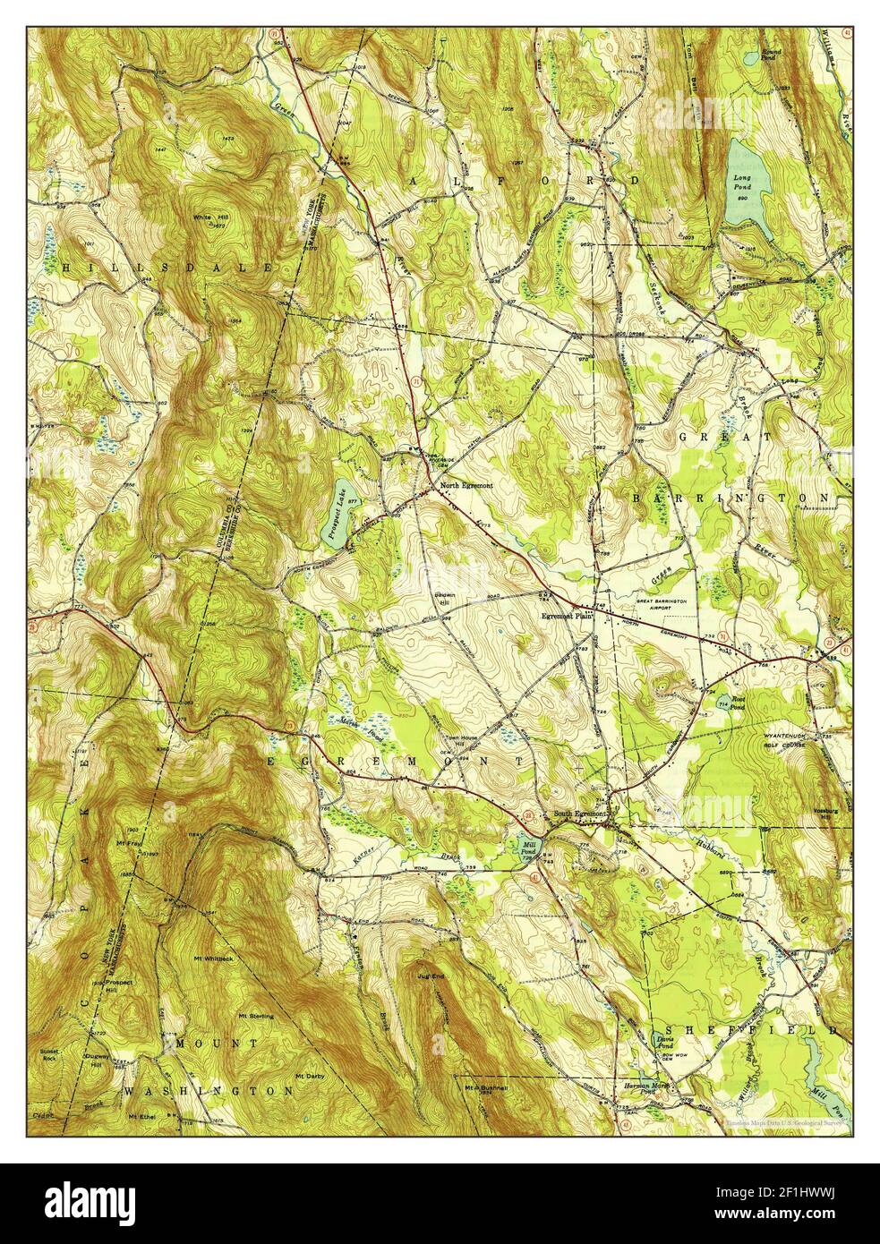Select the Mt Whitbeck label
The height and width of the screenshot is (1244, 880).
[213, 959]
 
